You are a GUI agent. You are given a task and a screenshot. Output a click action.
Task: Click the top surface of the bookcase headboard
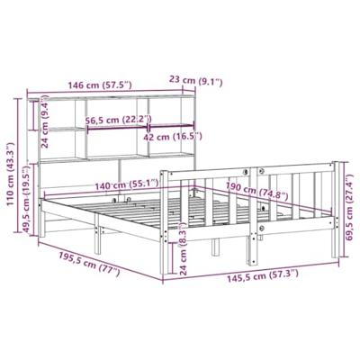click(x=99, y=97)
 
